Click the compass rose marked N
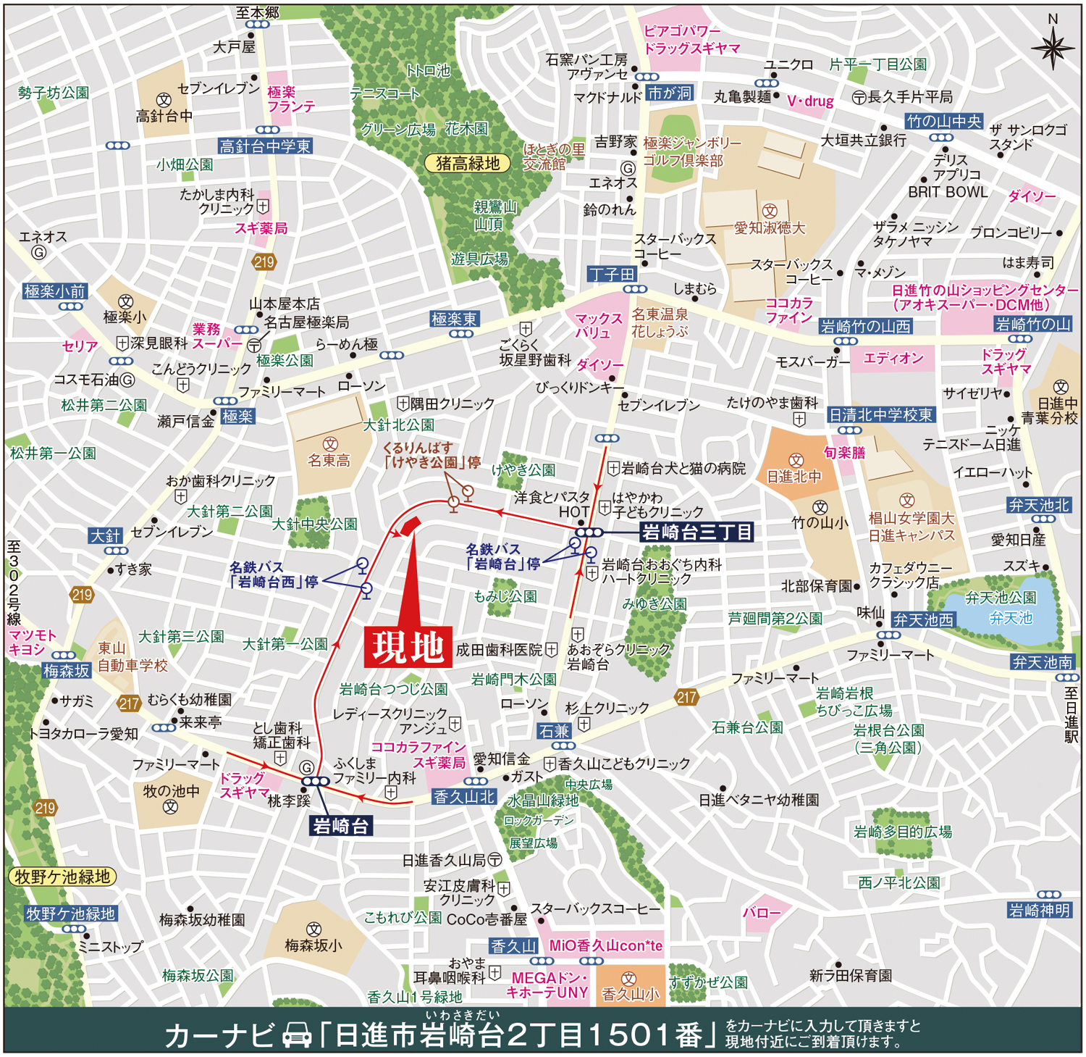[x=1053, y=47]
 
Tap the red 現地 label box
[x=408, y=647]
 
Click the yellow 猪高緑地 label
[x=467, y=164]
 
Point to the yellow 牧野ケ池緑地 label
[x=62, y=877]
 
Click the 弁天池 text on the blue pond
[x=1011, y=618]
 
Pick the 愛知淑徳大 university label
[x=770, y=228]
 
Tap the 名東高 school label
[x=329, y=461]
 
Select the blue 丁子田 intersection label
[x=612, y=275]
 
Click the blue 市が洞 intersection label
[x=670, y=93]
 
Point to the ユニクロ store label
[x=788, y=64]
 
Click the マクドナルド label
[x=607, y=97]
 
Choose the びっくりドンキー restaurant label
[x=579, y=388]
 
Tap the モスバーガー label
[x=812, y=362]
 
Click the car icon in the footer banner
[x=297, y=1035]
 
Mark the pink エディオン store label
[x=893, y=359]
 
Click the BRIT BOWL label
[x=948, y=192]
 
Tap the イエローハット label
[x=992, y=472]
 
